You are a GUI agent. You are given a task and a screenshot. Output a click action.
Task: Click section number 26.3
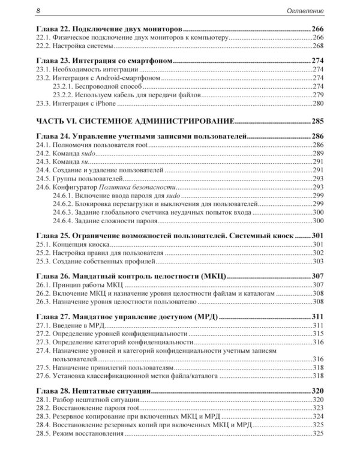tap(44, 301)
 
